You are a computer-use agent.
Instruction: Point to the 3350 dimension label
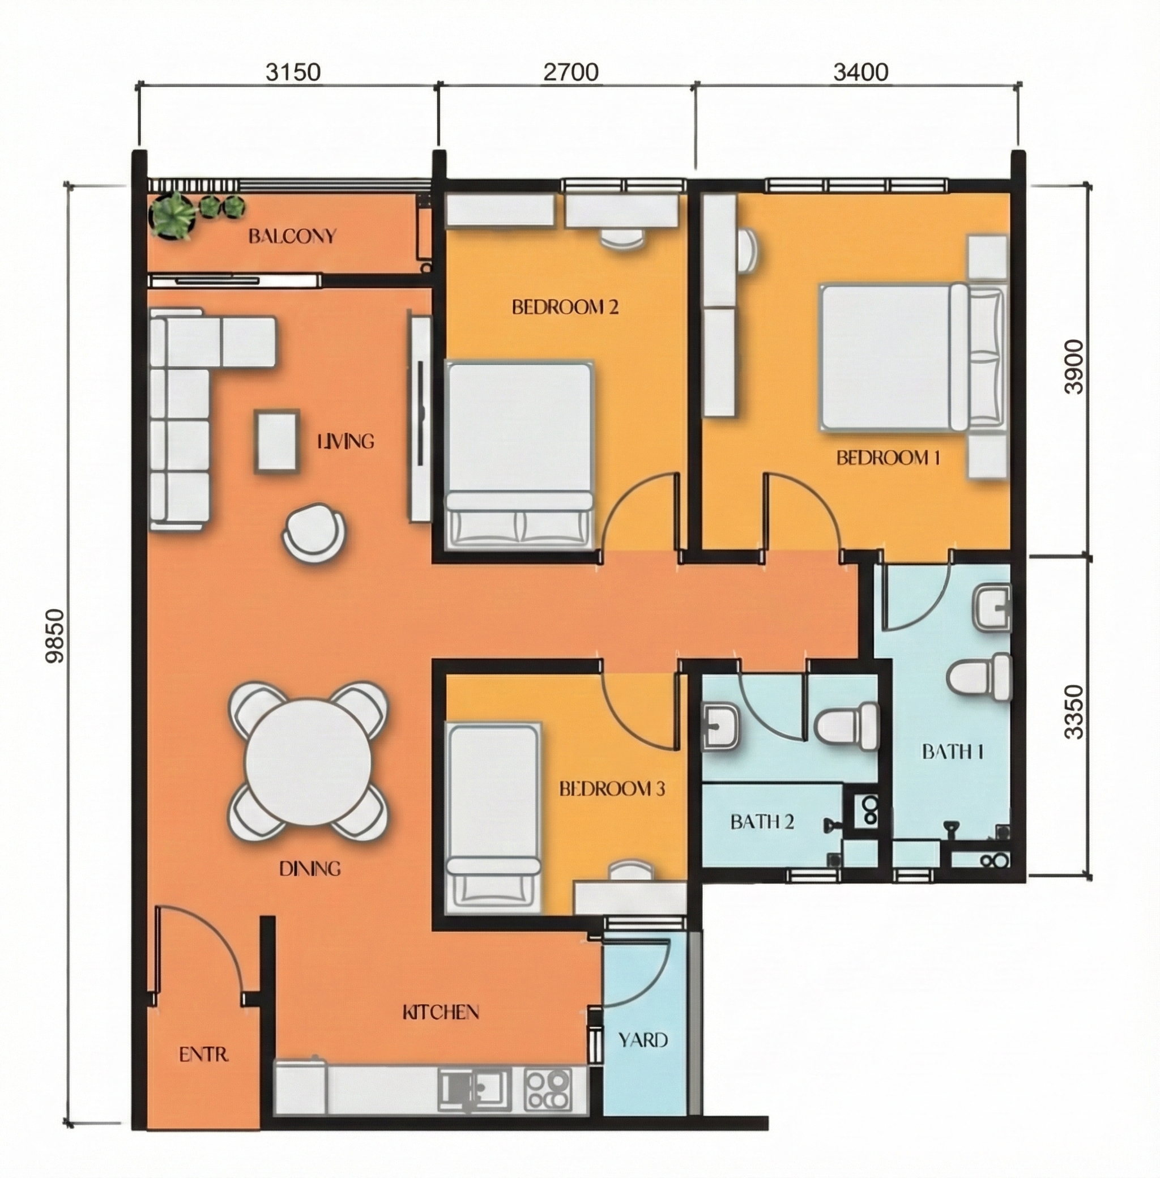(x=1074, y=711)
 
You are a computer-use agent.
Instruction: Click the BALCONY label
(x=292, y=236)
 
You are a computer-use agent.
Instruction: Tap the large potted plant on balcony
(x=174, y=215)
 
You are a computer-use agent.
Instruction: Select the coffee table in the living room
(x=277, y=441)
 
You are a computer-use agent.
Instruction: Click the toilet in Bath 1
(x=980, y=677)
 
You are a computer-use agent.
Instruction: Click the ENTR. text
(x=203, y=1054)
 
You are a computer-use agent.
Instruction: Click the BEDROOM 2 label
(x=565, y=307)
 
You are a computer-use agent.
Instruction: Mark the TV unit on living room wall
(x=420, y=414)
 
